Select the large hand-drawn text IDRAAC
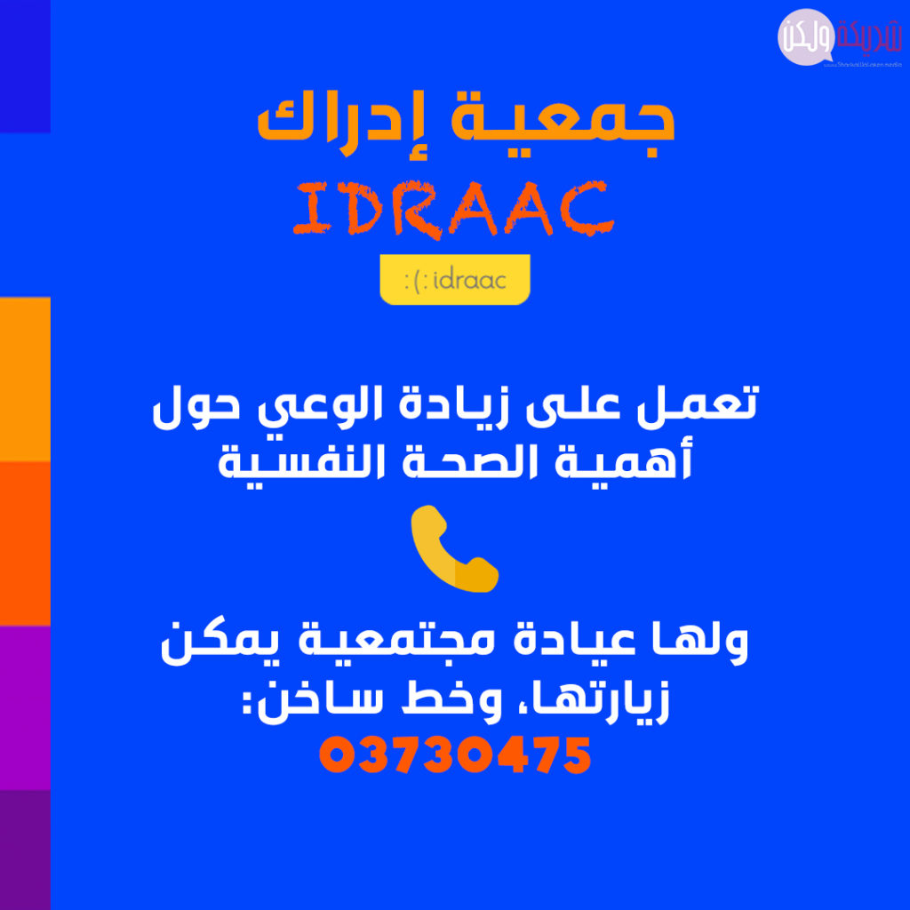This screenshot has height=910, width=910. tap(453, 210)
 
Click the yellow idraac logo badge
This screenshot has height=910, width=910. tap(455, 280)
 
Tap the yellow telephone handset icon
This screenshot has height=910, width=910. tap(454, 548)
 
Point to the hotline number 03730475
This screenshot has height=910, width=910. tap(455, 755)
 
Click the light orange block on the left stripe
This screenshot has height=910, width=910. tap(25, 379)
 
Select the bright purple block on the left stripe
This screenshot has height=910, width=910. tap(25, 707)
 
